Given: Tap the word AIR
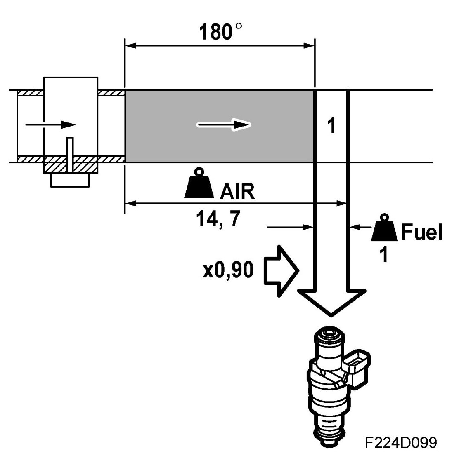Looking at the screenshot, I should [237, 192].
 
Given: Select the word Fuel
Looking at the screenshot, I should [421, 233].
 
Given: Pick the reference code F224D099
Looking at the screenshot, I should [400, 443].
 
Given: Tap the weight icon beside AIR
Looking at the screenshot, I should [199, 184].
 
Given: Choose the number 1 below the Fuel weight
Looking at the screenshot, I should [384, 256].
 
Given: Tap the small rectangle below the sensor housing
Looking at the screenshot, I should [70, 180].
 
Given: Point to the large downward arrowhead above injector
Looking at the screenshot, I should [331, 301].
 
